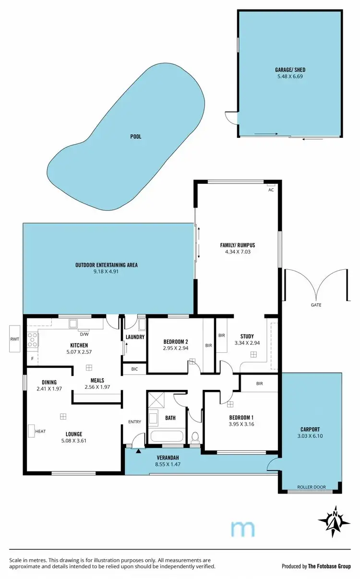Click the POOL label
point(136,137)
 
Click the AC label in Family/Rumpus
point(271,190)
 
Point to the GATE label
point(316,305)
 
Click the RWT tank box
point(15,339)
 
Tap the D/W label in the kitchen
point(84,334)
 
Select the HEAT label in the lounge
point(41,431)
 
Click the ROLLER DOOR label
point(312,487)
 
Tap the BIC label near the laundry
point(134,369)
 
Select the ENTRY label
point(134,422)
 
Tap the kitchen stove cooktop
point(33,339)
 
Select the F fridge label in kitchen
point(32,358)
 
